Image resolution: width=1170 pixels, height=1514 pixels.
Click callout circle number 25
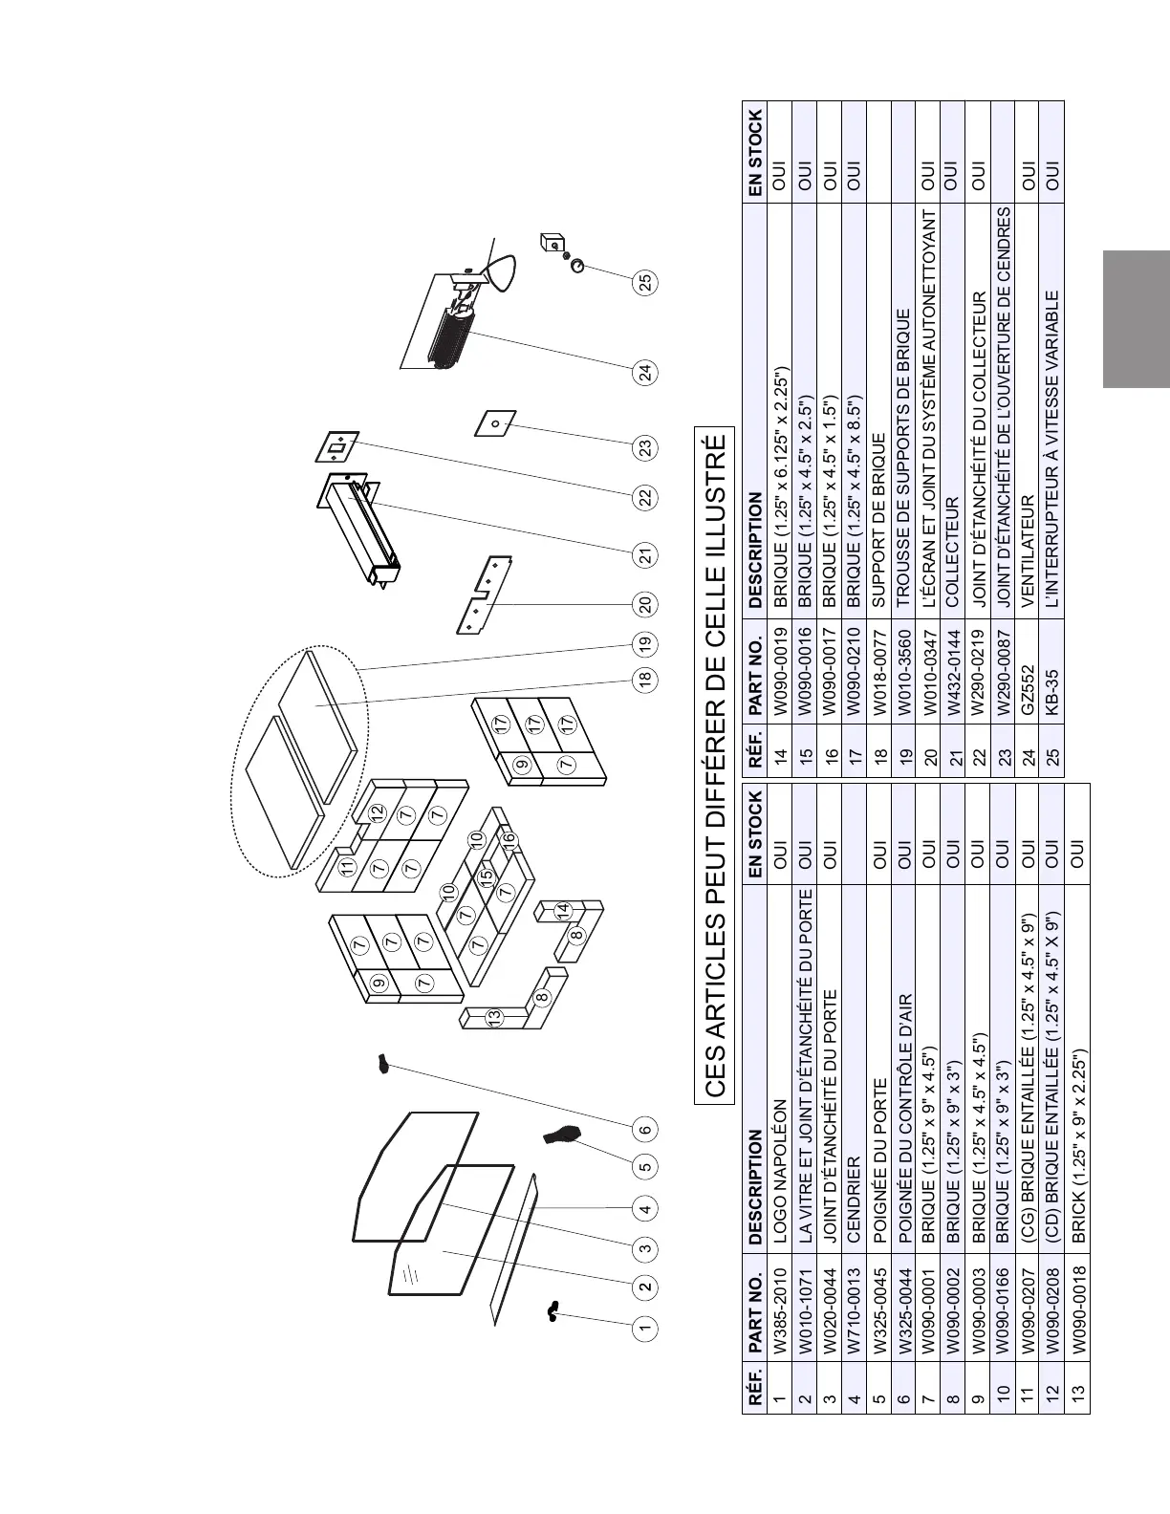pos(646,283)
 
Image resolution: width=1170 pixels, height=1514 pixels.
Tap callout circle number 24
pos(646,372)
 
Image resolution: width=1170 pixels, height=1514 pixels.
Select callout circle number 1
pos(646,1328)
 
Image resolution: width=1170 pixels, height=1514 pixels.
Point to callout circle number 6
pos(646,1129)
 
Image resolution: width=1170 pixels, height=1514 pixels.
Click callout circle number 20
pos(646,604)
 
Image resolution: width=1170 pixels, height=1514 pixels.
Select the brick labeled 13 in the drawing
pos(494,1020)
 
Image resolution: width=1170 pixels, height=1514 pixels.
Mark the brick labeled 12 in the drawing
pos(378,813)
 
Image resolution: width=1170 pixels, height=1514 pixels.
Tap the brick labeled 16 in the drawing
pos(509,839)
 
